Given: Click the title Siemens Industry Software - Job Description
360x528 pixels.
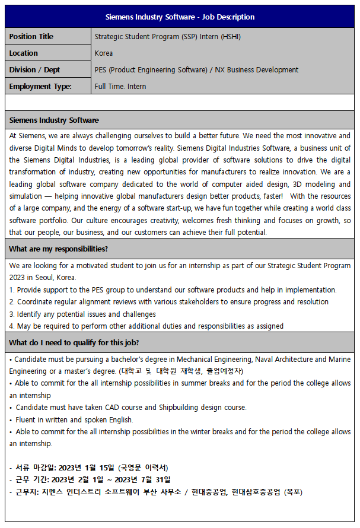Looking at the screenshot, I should tap(180, 17).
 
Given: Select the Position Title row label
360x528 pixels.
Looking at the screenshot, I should tap(31, 37).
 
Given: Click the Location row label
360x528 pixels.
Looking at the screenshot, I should tap(24, 53).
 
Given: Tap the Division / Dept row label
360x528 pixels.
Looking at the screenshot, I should tap(34, 70).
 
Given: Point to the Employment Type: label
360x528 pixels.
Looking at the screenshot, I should tap(40, 87).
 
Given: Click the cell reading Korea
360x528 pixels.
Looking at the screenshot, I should tap(104, 53).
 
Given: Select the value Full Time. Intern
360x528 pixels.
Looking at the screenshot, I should tap(120, 87).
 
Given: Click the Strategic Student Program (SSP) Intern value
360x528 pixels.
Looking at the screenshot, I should tap(168, 37).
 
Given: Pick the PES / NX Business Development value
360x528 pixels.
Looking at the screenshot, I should tap(196, 70).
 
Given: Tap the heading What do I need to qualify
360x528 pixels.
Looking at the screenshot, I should tap(74, 342).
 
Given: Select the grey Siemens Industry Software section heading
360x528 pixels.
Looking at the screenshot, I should tap(54, 120).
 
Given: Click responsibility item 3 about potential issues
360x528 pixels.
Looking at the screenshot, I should tap(83, 314).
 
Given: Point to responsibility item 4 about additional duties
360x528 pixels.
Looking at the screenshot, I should tap(146, 326).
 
